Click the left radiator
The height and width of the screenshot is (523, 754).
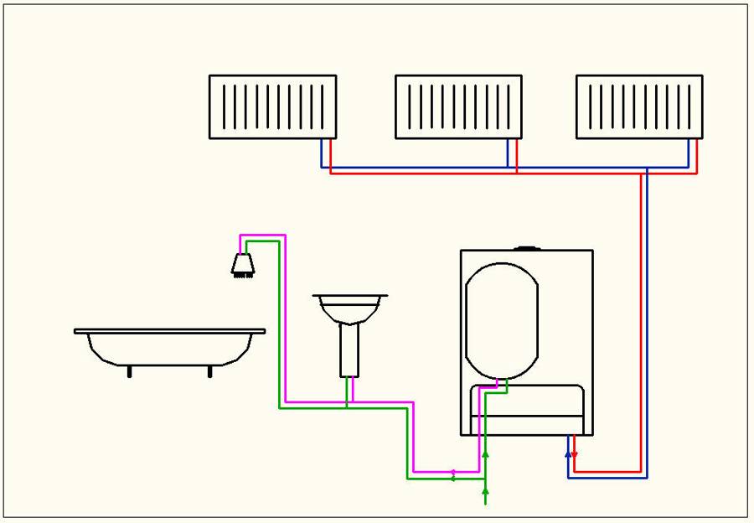[x=272, y=106]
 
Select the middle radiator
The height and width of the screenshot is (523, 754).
[x=459, y=106]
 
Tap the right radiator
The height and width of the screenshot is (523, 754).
[x=639, y=106]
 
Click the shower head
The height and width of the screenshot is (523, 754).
[x=243, y=264]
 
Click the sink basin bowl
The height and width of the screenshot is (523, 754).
[x=349, y=307]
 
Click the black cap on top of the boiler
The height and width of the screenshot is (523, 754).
[x=528, y=248]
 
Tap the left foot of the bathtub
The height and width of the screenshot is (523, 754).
[x=129, y=371]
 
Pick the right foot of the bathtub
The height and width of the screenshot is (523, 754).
[x=209, y=371]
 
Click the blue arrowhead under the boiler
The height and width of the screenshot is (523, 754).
[x=568, y=454]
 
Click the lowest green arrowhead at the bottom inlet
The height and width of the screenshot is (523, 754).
[x=485, y=495]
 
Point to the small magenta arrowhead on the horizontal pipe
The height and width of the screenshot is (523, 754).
[x=453, y=472]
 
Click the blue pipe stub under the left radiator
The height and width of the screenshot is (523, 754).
[x=322, y=153]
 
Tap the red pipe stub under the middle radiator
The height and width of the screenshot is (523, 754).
[x=516, y=155]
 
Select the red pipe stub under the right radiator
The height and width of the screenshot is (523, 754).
[x=697, y=155]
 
